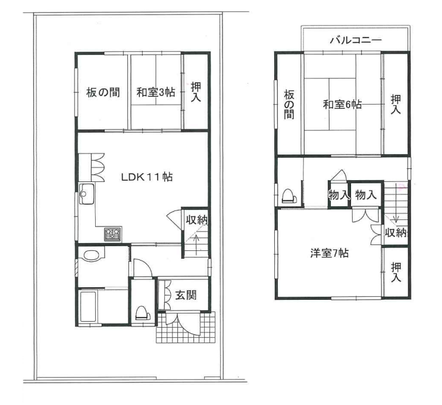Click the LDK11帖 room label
[147, 177]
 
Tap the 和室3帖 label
[156, 92]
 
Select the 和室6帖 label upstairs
[342, 105]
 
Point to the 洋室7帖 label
[330, 253]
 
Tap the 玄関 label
[186, 295]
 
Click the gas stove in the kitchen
[113, 234]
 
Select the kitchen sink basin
[87, 194]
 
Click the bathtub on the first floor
[88, 306]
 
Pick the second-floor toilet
[289, 195]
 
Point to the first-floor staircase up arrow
[196, 241]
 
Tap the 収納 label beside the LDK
[197, 219]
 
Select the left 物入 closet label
[339, 194]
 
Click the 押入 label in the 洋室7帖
[396, 272]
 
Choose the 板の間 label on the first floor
[103, 92]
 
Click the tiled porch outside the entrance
[186, 327]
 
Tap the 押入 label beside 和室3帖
[196, 92]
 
